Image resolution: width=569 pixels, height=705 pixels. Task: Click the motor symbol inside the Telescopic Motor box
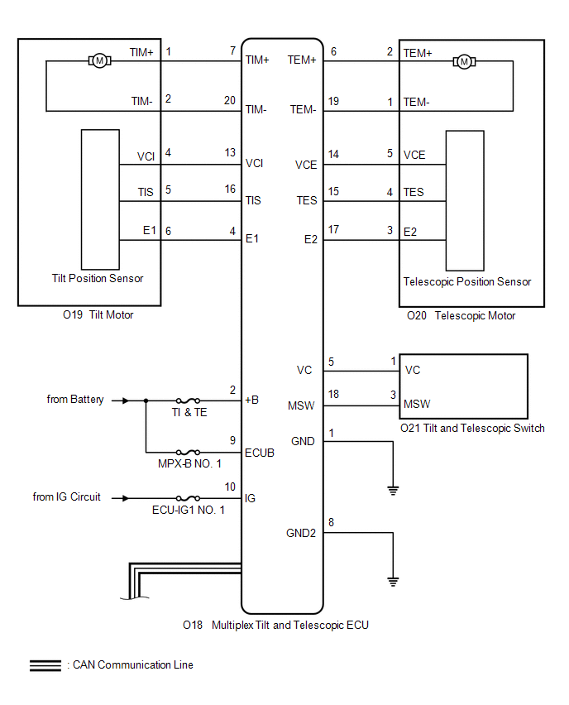[x=464, y=61]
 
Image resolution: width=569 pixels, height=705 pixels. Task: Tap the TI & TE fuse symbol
[x=189, y=400]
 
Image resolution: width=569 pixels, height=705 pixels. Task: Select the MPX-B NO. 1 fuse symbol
[x=189, y=453]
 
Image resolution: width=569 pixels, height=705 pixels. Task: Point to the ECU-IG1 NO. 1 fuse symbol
[x=189, y=498]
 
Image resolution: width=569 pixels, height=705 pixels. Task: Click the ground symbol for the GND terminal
[x=393, y=490]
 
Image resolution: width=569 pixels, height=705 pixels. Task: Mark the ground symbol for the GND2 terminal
[x=393, y=580]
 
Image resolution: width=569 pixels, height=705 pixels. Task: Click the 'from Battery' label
[x=75, y=400]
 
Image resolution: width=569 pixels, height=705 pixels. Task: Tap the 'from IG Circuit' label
[x=67, y=497]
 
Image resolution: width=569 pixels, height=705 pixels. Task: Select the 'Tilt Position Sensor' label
[x=97, y=279]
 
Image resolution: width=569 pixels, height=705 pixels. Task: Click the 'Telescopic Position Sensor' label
[x=467, y=282]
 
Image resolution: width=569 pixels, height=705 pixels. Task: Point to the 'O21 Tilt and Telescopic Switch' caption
[x=472, y=429]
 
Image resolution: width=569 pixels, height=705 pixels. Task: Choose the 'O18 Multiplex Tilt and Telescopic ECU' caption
[x=275, y=626]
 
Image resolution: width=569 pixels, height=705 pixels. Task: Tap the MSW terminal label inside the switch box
[x=417, y=405]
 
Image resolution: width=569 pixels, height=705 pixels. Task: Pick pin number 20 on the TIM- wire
[x=230, y=99]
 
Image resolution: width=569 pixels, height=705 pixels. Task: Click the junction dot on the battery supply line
[x=146, y=400]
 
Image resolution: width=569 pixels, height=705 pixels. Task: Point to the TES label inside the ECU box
[x=307, y=201]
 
